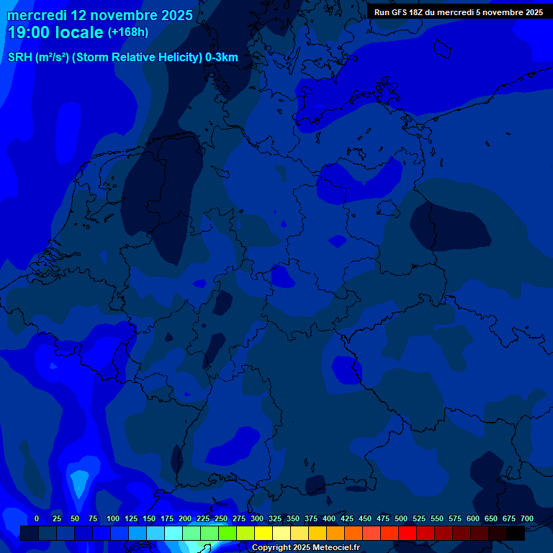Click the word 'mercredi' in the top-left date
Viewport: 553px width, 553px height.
37,14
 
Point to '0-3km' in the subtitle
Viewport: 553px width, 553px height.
222,58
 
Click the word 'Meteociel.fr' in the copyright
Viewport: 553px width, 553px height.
336,548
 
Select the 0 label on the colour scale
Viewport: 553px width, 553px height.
37,518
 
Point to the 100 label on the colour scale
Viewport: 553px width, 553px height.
113,518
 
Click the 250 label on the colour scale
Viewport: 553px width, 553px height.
221,518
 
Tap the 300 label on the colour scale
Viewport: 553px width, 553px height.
257,518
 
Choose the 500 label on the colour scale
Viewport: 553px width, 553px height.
401,518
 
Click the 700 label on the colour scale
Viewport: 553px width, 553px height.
527,518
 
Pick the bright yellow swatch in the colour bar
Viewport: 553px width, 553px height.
264,534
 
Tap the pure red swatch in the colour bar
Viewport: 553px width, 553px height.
408,534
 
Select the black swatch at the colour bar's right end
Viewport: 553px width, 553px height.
516,534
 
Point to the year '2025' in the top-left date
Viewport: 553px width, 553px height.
171,14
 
